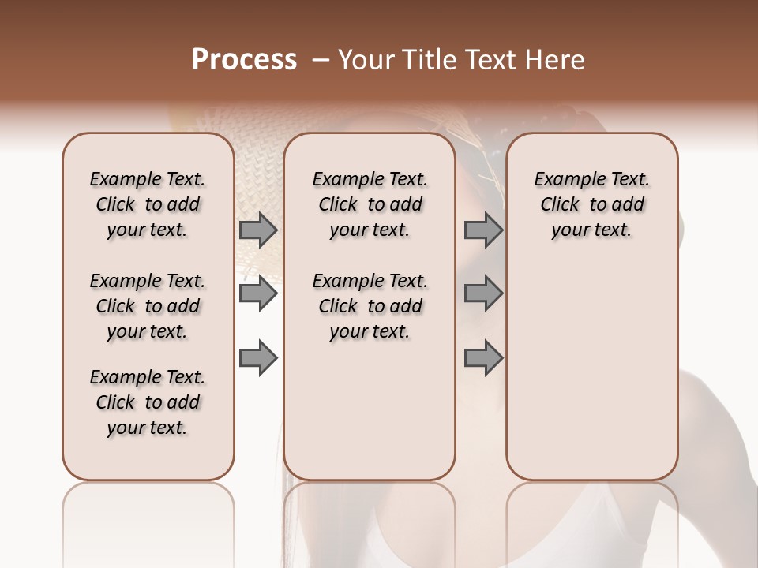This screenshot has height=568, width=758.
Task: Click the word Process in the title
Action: click(x=244, y=60)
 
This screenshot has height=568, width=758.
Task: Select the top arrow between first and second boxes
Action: click(x=258, y=230)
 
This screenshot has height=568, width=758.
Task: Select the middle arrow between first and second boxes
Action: click(x=258, y=294)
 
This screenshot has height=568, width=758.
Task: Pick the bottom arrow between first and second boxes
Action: click(x=258, y=358)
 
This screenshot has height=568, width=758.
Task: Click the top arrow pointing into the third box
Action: click(x=483, y=230)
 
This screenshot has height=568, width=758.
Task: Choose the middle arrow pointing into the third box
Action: click(x=483, y=294)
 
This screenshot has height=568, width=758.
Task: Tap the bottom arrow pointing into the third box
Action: click(x=483, y=358)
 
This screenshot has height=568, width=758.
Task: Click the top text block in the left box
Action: click(x=148, y=204)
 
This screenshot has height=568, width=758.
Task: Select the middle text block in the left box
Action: click(x=148, y=306)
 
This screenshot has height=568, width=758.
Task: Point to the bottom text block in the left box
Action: click(x=148, y=402)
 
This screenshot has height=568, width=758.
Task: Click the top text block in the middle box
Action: click(x=370, y=204)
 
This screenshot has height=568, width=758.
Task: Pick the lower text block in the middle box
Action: click(x=370, y=306)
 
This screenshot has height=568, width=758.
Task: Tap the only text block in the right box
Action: click(x=591, y=204)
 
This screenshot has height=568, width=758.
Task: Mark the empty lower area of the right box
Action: click(x=591, y=371)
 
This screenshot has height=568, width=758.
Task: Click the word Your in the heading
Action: click(x=366, y=60)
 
